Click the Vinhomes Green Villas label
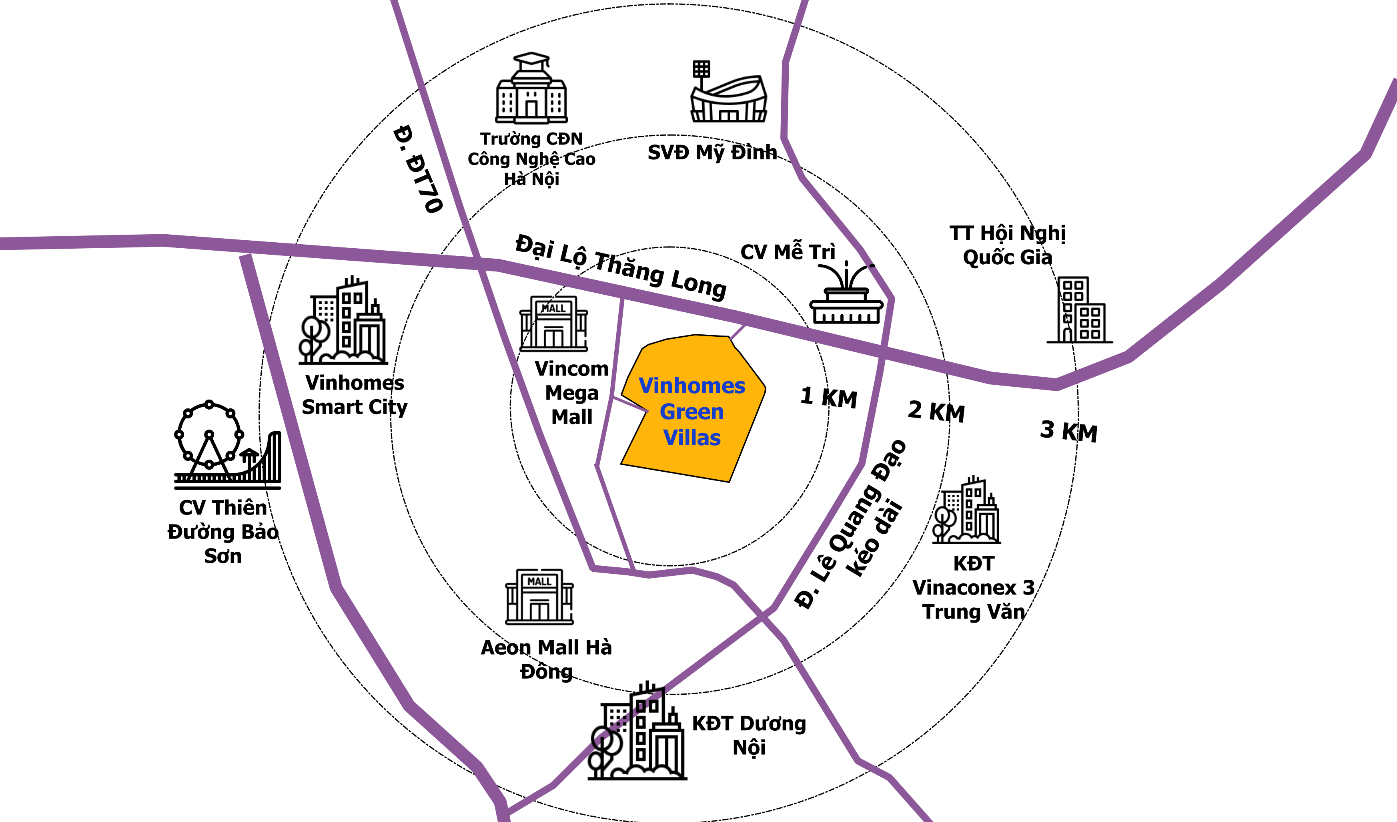pyautogui.click(x=692, y=412)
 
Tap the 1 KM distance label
pyautogui.click(x=829, y=397)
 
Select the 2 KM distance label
pyautogui.click(x=936, y=412)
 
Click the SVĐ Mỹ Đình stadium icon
pyautogui.click(x=728, y=92)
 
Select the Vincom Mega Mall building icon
pyautogui.click(x=553, y=324)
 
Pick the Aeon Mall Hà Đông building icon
pyautogui.click(x=539, y=596)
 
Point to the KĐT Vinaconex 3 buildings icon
pyautogui.click(x=966, y=509)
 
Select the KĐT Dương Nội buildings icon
pyautogui.click(x=637, y=731)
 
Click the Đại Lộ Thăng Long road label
pyautogui.click(x=621, y=267)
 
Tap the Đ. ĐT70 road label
pyautogui.click(x=418, y=169)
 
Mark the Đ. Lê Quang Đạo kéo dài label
pyautogui.click(x=851, y=524)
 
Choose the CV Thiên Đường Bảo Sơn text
pyautogui.click(x=223, y=531)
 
